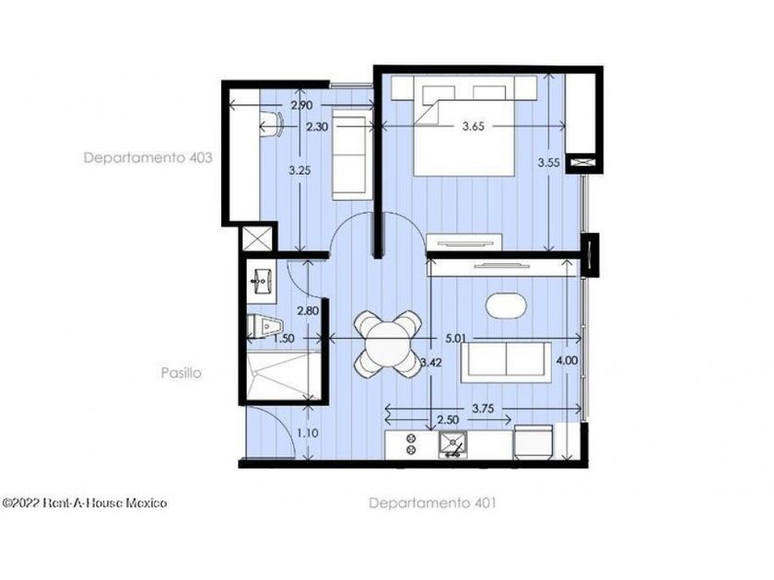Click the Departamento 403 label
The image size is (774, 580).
pos(148,157)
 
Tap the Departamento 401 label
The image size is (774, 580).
pos(432,503)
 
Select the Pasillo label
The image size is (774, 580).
pos(182,372)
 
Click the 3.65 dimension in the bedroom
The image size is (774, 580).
pos(474,126)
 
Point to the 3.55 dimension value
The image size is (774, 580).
pos(548,162)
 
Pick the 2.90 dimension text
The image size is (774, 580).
pos(301,105)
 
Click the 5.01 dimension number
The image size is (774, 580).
pos(455,339)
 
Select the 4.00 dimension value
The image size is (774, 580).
pos(567,361)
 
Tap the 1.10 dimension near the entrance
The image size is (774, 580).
pos(308,433)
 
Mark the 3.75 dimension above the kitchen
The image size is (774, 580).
pos(483,409)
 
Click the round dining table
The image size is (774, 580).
pos(388,343)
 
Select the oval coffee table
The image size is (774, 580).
pos(506,307)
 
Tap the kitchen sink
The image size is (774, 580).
pos(453,444)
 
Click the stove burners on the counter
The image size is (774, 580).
pos(411,444)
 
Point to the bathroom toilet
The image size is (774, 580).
pos(264,326)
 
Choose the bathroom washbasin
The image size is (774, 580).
pos(262,282)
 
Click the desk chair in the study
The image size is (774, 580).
pos(271,123)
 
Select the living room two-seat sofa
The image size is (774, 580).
pos(506,362)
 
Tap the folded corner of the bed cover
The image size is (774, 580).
pos(428,112)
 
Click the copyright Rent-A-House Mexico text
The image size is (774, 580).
pos(85,503)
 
